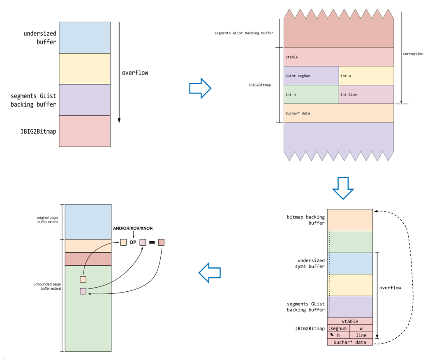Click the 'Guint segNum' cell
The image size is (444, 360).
(311, 76)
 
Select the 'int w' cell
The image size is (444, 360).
(366, 76)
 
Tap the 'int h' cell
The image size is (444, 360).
(311, 94)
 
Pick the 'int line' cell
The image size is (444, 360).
(366, 94)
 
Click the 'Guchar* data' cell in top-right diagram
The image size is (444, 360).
(339, 113)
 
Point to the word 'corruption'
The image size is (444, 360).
(413, 53)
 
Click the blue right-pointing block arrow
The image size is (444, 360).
(200, 88)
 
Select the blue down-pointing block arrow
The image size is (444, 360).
(343, 188)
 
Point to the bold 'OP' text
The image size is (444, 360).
(133, 242)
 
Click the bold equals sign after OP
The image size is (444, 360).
(151, 242)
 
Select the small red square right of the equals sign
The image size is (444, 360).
(161, 242)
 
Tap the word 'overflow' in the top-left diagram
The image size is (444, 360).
(135, 73)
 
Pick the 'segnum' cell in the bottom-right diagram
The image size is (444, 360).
(339, 328)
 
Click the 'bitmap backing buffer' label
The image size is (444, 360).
(305, 220)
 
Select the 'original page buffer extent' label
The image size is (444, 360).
(48, 219)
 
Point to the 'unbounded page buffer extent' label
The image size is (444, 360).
(47, 286)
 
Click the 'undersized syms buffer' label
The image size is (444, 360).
(311, 263)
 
